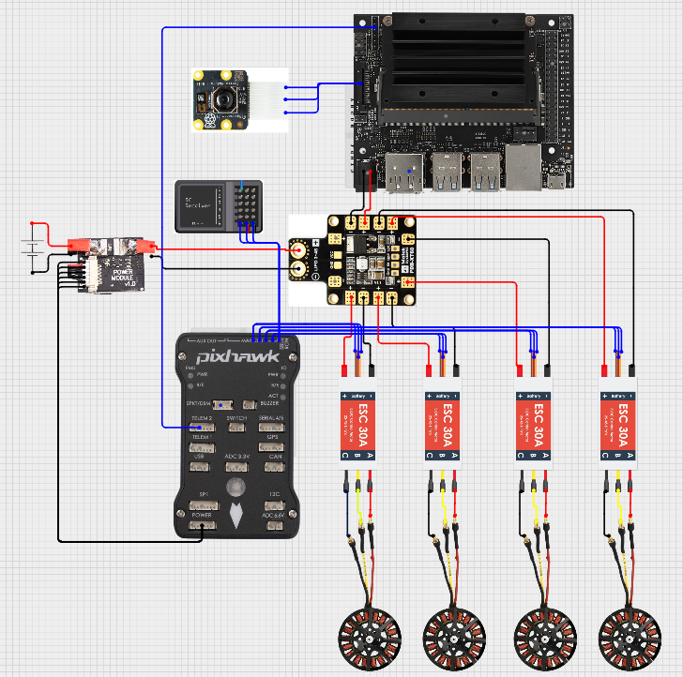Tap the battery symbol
(x=33, y=248)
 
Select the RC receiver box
(x=215, y=205)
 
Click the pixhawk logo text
(x=230, y=356)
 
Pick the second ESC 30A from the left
(x=444, y=422)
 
